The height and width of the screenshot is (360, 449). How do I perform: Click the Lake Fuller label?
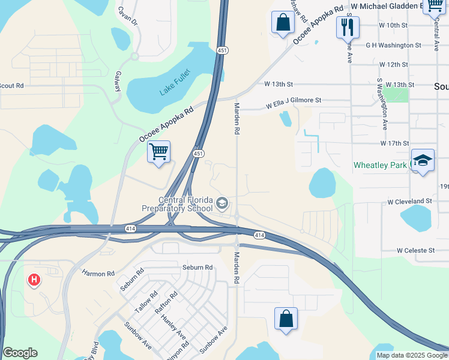coord(173,91)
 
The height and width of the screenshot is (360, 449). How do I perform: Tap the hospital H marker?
coord(35,279)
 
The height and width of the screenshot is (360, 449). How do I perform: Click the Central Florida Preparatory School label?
coord(178,204)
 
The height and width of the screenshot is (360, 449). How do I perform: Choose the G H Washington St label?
coord(393,45)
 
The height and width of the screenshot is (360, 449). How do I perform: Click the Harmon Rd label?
coord(98,274)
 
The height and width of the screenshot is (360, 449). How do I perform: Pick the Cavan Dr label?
coord(127,16)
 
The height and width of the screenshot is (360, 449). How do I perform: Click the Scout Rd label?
coord(11,86)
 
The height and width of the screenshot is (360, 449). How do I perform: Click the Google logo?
coord(20,353)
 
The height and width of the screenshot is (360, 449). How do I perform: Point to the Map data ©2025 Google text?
coord(411,355)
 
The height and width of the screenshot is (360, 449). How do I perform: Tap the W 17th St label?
coord(394,143)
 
